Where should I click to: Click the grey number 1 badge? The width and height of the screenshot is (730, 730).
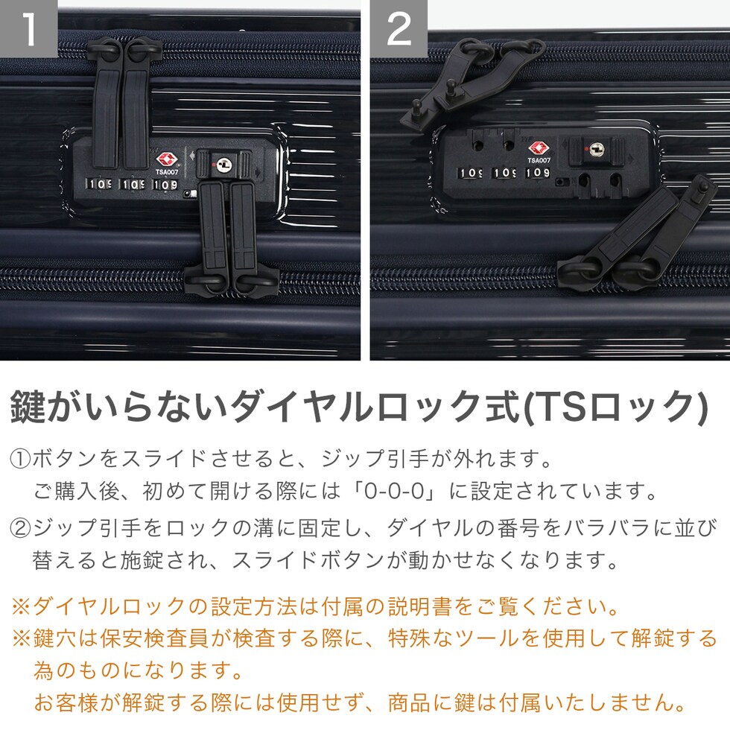coord(28,28)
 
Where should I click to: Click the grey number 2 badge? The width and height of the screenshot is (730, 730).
coord(399,28)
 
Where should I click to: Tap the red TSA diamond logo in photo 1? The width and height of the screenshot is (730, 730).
coord(166,159)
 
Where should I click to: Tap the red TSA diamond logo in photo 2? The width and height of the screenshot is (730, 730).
coord(539,149)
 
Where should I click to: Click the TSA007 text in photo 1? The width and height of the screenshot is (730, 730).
coord(167,172)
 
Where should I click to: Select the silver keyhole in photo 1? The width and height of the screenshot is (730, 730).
coord(225,165)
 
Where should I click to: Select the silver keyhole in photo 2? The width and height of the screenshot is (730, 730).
coord(597,150)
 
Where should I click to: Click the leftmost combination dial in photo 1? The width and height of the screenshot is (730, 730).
coord(98,184)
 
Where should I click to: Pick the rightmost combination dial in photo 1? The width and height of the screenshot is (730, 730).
coord(165,185)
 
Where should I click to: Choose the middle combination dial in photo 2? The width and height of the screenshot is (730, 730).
coord(504,173)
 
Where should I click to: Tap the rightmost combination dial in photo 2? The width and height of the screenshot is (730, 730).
coord(537,173)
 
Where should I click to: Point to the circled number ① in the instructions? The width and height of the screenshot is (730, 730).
coord(20,459)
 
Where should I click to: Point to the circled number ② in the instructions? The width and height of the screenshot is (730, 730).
coord(20,528)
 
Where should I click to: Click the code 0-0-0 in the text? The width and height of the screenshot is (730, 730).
coord(394,491)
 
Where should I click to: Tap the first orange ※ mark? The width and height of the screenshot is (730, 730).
coord(21,606)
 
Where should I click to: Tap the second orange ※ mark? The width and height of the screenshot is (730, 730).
coord(21,638)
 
